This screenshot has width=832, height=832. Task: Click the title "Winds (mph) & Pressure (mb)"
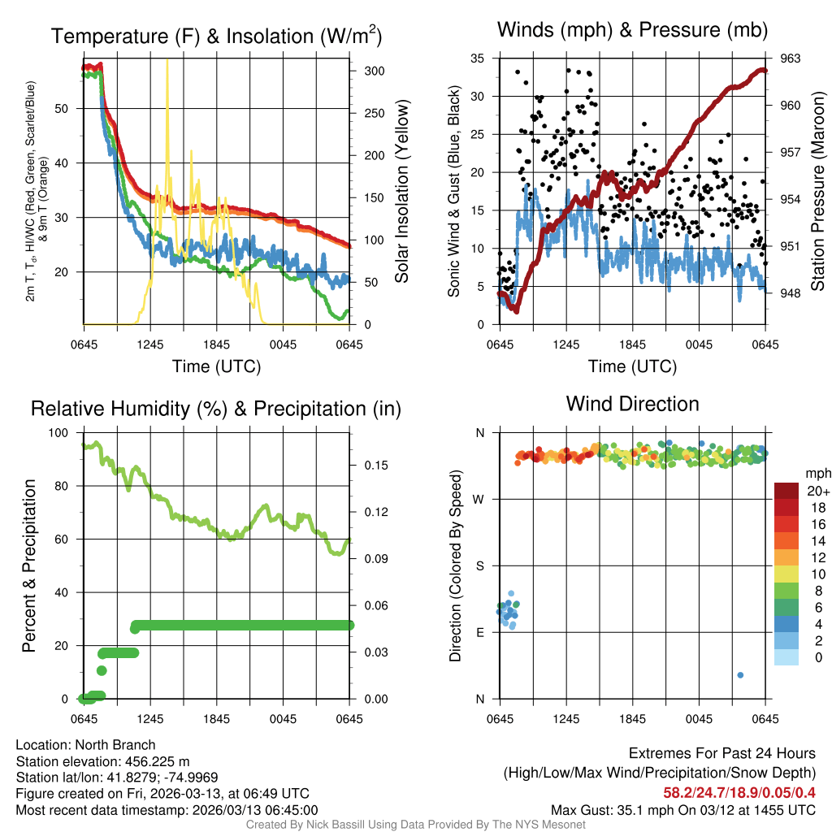(x=632, y=31)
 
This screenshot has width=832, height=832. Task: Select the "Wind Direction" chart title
(x=632, y=404)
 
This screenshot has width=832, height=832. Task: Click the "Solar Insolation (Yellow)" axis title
(x=401, y=192)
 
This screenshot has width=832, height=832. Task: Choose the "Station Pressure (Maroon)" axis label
(x=818, y=192)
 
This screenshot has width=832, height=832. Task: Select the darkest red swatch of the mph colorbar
(x=786, y=491)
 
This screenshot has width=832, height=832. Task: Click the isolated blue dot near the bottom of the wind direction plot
(x=740, y=675)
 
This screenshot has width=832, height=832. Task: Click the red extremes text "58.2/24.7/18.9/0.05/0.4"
(x=739, y=793)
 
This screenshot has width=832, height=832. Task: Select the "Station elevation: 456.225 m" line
(x=102, y=761)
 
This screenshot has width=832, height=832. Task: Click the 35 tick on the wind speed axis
(x=478, y=58)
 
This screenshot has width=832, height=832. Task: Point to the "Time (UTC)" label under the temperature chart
(x=217, y=366)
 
